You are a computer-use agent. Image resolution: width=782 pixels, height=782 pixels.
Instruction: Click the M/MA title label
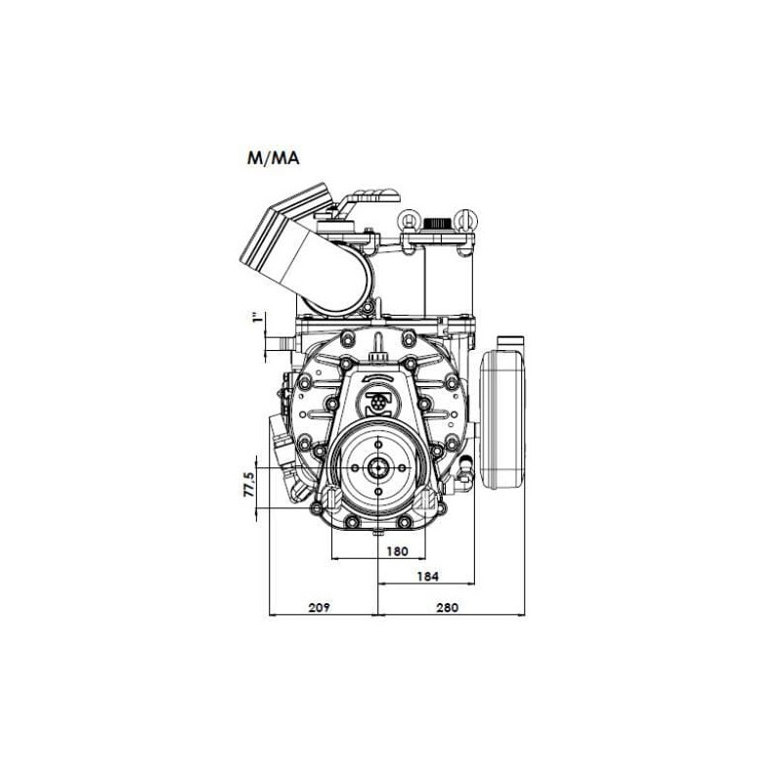[x=273, y=158]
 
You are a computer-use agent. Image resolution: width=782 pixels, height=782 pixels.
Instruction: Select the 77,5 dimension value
[x=249, y=484]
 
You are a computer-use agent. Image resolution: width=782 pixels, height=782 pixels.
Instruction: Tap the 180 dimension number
[x=397, y=551]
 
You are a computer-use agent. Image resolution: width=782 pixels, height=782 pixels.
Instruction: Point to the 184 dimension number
[x=427, y=577]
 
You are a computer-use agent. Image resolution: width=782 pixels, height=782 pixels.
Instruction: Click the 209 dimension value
[x=320, y=607]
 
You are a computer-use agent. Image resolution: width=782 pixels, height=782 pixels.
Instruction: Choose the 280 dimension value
[x=447, y=607]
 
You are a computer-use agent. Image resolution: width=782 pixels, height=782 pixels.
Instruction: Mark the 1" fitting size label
[x=257, y=318]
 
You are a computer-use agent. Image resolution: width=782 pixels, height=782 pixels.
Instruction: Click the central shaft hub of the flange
[x=378, y=468]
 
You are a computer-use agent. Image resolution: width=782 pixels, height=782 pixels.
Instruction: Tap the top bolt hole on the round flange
[x=378, y=445]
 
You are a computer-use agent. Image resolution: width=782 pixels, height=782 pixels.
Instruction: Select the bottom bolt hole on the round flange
[x=378, y=492]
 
